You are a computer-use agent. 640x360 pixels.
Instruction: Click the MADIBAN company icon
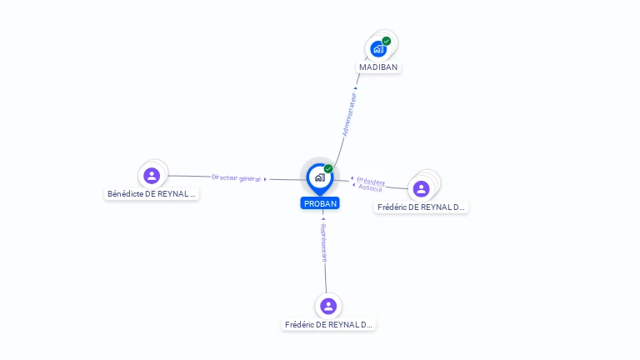pyautogui.click(x=378, y=49)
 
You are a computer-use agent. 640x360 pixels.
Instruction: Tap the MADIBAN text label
pyautogui.click(x=378, y=67)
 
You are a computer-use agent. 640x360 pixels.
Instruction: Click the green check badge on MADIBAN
pyautogui.click(x=387, y=41)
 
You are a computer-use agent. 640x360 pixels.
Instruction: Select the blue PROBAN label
pyautogui.click(x=320, y=203)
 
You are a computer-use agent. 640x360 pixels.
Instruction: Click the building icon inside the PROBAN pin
pyautogui.click(x=319, y=177)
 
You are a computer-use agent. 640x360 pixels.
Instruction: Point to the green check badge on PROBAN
pyautogui.click(x=328, y=169)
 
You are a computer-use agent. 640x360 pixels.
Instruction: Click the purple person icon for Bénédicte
pyautogui.click(x=151, y=176)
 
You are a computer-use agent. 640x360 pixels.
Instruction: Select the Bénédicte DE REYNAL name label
pyautogui.click(x=152, y=194)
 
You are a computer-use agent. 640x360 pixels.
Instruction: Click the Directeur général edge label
pyautogui.click(x=236, y=178)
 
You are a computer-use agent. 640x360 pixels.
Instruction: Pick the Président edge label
pyautogui.click(x=371, y=182)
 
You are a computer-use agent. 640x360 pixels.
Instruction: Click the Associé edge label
pyautogui.click(x=370, y=188)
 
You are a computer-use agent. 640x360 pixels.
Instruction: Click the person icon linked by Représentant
pyautogui.click(x=328, y=306)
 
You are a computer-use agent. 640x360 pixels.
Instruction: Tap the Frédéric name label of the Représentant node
pyautogui.click(x=328, y=324)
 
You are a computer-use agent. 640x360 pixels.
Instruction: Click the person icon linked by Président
pyautogui.click(x=422, y=188)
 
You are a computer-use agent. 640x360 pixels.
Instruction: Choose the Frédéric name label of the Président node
pyautogui.click(x=421, y=207)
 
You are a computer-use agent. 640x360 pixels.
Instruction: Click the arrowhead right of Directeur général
pyautogui.click(x=266, y=179)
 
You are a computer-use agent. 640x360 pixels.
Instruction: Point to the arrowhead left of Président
pyautogui.click(x=352, y=178)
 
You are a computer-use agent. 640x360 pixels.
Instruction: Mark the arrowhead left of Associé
pyautogui.click(x=353, y=185)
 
